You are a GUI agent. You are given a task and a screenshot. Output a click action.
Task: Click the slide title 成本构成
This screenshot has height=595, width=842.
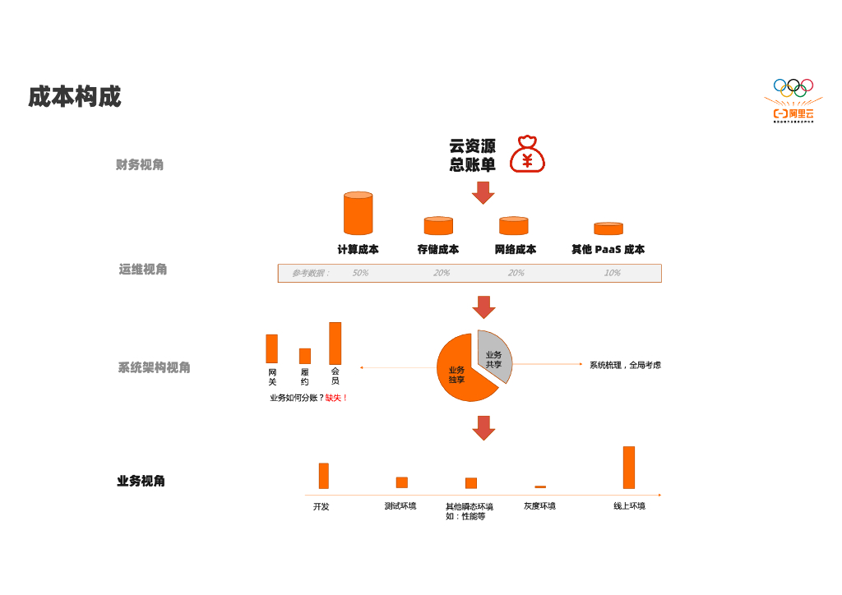75,97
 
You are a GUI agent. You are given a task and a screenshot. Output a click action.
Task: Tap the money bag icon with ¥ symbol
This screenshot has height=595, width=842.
527,155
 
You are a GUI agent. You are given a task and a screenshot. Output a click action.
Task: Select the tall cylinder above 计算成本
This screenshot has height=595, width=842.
358,214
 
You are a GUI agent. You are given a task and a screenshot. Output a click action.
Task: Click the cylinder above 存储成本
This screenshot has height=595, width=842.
438,226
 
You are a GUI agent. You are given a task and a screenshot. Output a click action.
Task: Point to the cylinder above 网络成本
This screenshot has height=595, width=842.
513,226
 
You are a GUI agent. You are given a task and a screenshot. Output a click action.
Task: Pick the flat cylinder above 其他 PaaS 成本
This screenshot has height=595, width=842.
608,228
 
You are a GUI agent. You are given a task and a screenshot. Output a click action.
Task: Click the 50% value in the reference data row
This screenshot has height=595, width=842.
360,273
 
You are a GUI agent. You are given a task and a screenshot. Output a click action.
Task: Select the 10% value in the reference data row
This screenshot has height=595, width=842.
612,273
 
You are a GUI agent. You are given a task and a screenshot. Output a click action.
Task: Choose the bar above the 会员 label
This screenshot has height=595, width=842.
335,343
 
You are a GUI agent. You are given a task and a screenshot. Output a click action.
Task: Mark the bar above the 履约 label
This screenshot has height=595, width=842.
305,356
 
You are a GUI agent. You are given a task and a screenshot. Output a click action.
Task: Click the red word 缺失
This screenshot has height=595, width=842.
334,398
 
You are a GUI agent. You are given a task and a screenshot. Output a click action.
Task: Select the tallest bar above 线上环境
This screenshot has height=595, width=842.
629,468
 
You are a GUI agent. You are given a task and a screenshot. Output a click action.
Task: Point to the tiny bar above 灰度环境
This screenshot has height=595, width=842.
540,487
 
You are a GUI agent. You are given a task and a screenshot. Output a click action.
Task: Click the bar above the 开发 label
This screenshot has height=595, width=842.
324,476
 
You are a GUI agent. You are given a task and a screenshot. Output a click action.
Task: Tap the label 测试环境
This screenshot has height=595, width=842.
400,506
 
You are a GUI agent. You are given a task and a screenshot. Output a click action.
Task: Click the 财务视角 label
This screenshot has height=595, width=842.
140,165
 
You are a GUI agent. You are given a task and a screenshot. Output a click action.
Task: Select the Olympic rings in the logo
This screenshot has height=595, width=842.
793,85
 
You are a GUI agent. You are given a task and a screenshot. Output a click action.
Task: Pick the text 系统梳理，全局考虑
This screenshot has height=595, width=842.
625,365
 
